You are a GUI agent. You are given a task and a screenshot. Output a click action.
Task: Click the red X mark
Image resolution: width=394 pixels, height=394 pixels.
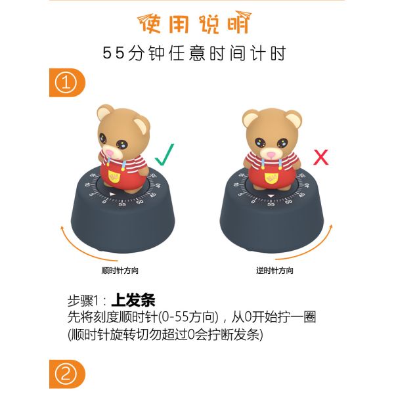(x=321, y=158)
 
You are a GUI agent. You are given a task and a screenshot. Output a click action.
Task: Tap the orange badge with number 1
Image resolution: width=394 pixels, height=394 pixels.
(x=67, y=83)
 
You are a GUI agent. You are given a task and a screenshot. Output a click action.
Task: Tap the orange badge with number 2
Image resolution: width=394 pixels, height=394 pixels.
(x=67, y=374)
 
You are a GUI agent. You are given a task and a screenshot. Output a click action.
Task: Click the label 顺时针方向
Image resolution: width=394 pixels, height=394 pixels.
(x=120, y=271)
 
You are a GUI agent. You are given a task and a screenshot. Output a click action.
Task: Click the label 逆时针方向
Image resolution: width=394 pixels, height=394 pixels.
(x=274, y=271)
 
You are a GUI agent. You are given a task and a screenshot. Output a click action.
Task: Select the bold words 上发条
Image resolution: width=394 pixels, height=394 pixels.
(x=133, y=300)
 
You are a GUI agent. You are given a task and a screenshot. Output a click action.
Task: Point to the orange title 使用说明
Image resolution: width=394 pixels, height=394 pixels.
(x=194, y=22)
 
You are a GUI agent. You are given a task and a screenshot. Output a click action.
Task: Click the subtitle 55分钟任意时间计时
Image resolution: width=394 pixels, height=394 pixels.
(x=194, y=53)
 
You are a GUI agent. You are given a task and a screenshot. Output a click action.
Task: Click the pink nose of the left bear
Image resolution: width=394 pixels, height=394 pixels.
(x=110, y=153)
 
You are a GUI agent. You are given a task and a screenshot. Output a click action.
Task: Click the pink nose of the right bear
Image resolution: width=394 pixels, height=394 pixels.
(x=271, y=155)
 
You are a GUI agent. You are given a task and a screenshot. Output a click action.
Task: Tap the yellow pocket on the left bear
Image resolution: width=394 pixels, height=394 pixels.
(x=114, y=177)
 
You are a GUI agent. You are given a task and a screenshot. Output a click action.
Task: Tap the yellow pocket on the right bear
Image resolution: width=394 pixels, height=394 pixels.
(x=271, y=178)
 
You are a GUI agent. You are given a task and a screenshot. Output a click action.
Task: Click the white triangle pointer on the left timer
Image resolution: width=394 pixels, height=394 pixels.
(x=112, y=194)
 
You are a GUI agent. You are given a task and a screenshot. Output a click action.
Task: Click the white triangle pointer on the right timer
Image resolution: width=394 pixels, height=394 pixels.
(x=271, y=196)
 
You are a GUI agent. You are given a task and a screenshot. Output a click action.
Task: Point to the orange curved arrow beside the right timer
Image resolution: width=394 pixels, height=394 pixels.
(x=311, y=249)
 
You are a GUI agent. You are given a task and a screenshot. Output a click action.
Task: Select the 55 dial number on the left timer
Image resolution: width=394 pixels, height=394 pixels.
(x=122, y=204)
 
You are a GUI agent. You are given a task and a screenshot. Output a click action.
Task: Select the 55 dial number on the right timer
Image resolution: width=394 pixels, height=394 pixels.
(x=271, y=204)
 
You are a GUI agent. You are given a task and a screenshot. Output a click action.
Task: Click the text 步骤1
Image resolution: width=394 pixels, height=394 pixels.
(x=83, y=301)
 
